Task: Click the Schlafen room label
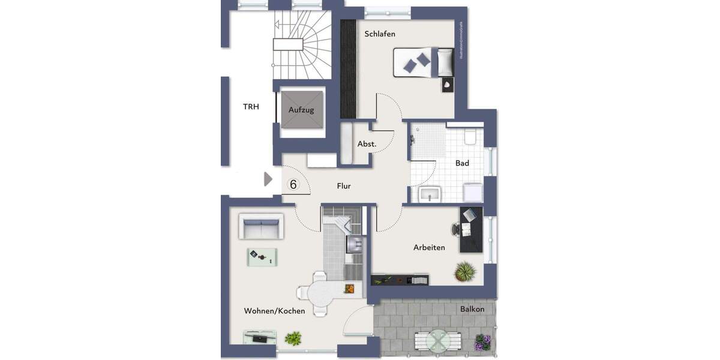point(380,34)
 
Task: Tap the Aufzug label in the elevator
point(301,110)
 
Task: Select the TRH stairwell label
point(251,107)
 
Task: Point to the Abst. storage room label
point(367,144)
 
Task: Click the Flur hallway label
point(344,186)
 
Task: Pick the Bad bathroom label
point(462,163)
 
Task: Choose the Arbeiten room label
point(429,247)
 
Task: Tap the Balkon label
point(472,309)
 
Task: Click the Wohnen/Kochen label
point(274,311)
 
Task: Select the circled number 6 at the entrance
point(293,184)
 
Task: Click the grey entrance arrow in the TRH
point(268,179)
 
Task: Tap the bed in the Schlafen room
point(424,62)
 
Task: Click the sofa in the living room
point(260,227)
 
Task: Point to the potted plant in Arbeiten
point(466,274)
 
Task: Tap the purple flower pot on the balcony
point(483,343)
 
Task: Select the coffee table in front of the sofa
point(262,257)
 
